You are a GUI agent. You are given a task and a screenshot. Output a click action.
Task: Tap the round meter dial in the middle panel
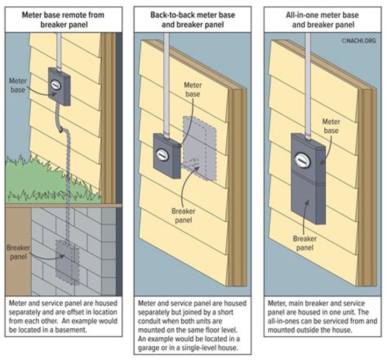click(160, 153)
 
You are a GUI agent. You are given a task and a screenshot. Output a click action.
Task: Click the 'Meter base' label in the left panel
click(18, 84)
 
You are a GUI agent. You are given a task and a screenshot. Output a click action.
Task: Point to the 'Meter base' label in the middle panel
click(192, 89)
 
